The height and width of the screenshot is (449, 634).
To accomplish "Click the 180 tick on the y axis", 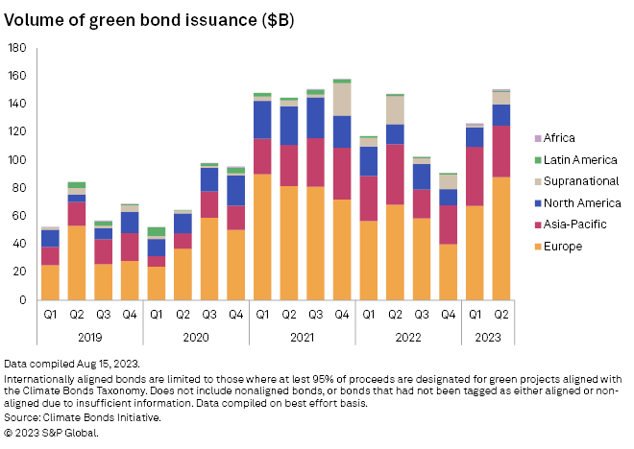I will [17, 48].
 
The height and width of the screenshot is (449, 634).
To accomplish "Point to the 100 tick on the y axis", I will [17, 160].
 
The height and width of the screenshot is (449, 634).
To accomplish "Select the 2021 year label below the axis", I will [302, 337].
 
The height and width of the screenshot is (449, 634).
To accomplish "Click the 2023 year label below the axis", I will [487, 337].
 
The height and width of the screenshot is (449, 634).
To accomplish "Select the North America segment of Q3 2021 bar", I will [315, 117].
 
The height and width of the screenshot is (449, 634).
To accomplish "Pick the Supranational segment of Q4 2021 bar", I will [341, 99].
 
